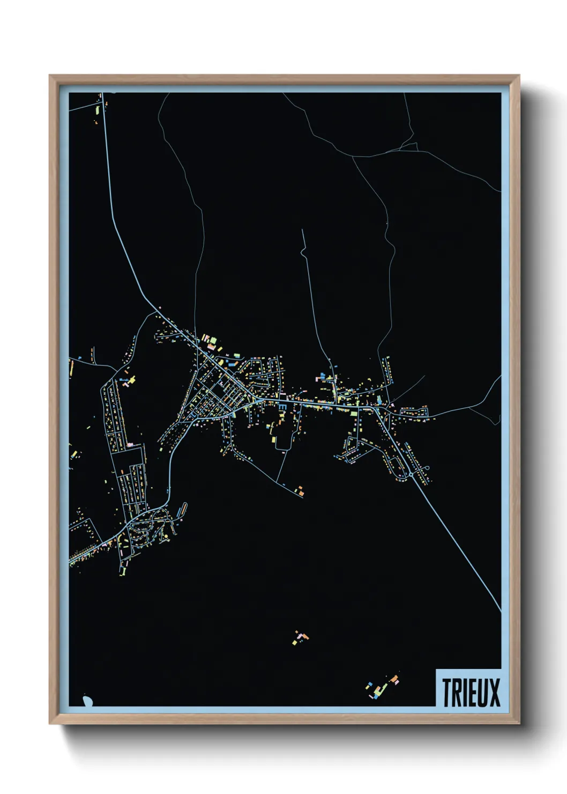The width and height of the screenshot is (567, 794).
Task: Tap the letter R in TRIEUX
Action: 456,693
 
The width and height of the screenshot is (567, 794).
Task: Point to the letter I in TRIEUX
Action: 464,693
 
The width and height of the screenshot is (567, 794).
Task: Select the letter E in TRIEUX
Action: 472,693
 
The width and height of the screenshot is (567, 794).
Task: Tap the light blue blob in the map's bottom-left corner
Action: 87,701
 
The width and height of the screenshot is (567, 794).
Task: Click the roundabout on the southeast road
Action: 411,474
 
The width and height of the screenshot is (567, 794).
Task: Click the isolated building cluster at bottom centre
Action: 301,637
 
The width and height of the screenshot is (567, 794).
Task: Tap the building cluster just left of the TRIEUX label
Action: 382,686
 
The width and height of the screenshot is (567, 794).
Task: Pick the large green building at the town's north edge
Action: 213,340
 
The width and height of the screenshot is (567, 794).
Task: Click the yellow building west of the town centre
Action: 132,379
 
